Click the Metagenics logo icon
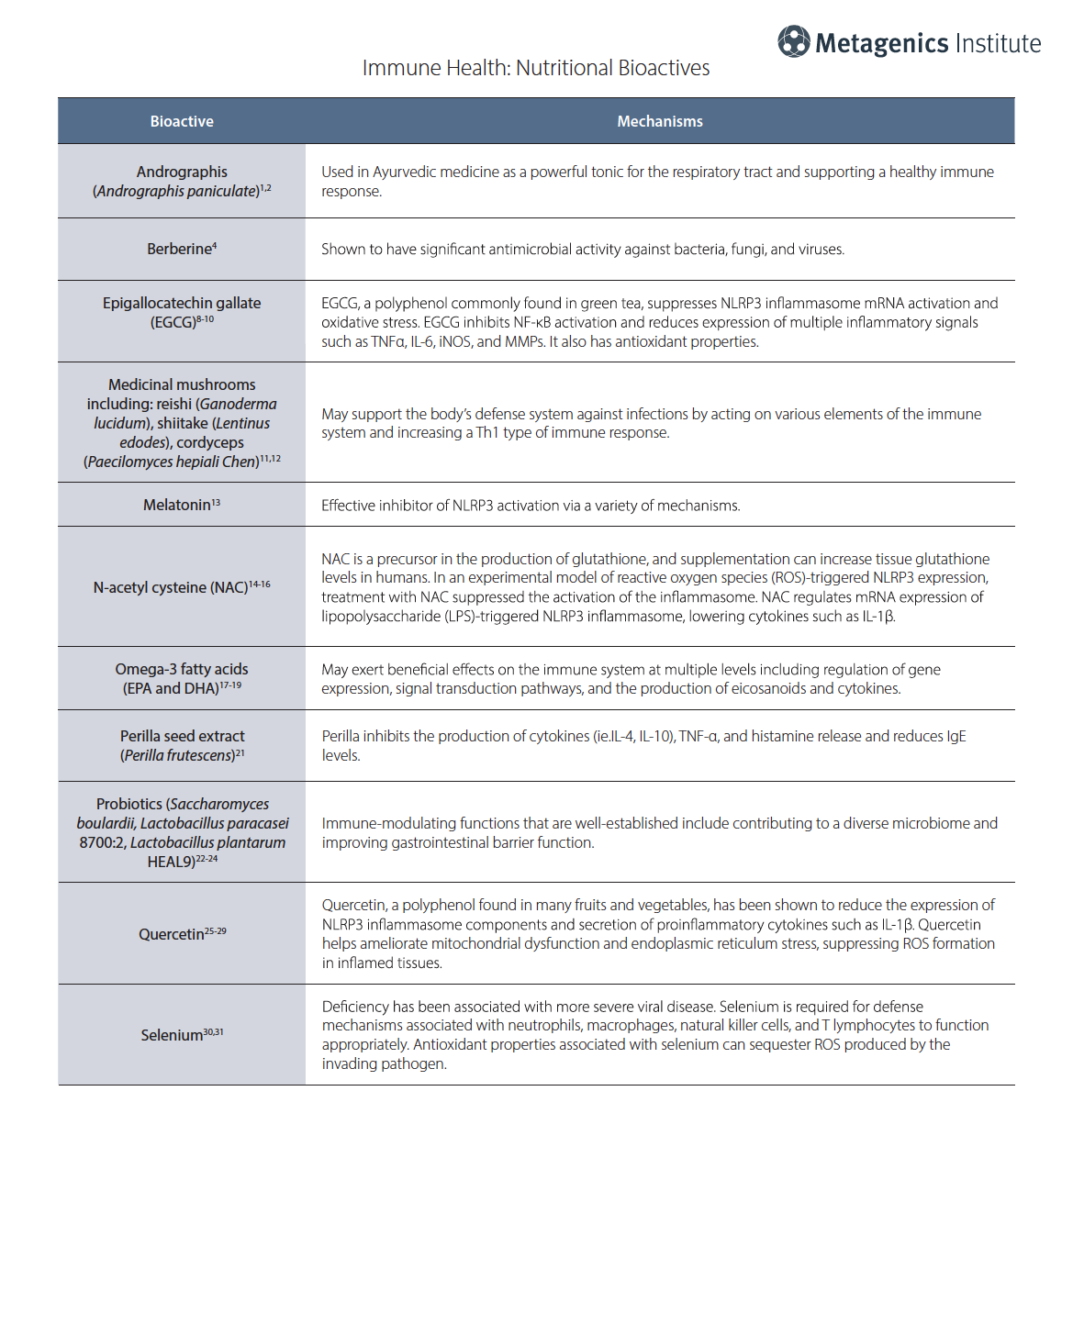point(794,41)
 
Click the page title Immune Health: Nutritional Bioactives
point(535,68)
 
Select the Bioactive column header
point(182,121)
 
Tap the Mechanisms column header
point(659,121)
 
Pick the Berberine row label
point(181,249)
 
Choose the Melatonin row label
point(181,505)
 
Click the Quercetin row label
point(181,934)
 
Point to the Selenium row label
point(181,1035)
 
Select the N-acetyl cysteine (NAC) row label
point(181,587)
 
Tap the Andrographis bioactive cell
point(181,181)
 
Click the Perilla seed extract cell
point(182,745)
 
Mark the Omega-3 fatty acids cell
point(182,678)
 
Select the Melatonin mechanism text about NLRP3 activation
point(531,506)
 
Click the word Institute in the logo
point(998,43)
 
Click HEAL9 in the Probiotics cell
point(171,862)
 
